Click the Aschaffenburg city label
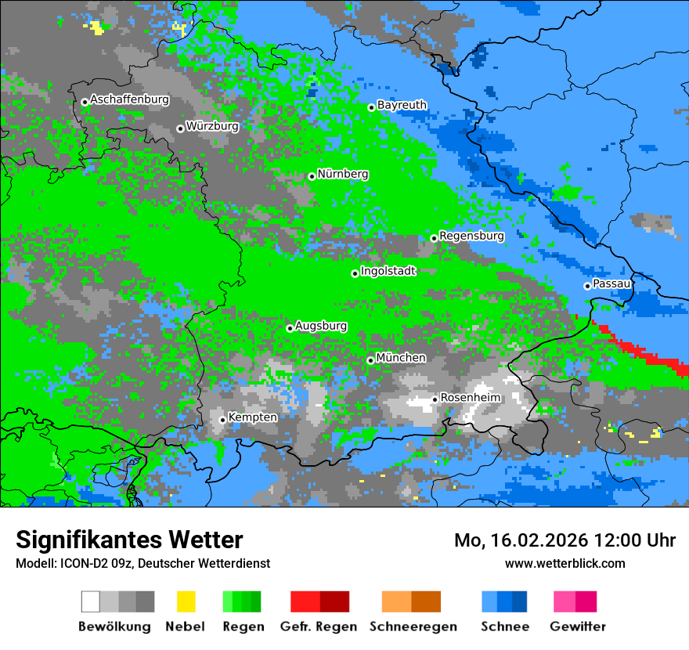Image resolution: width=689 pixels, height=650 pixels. click(129, 99)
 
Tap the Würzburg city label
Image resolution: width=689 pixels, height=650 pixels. click(212, 126)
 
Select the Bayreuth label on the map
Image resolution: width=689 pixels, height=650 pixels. click(402, 105)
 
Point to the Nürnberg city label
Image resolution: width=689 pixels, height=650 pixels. click(343, 174)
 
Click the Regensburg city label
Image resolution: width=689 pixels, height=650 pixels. click(471, 236)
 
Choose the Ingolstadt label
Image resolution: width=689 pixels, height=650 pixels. click(388, 271)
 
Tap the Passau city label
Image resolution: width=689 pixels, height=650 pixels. click(612, 283)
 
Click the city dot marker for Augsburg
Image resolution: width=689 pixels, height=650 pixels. click(290, 328)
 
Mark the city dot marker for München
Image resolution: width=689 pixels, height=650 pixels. click(370, 360)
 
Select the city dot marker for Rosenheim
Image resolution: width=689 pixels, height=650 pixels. click(435, 399)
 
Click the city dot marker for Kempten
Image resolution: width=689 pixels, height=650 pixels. click(223, 420)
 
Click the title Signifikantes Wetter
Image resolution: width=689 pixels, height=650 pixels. click(129, 540)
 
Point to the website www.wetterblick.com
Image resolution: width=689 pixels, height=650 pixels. click(565, 563)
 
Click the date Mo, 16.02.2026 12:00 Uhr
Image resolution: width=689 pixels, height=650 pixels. click(565, 540)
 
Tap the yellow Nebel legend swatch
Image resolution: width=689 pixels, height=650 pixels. click(186, 601)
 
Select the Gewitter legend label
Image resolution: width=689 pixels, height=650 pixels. click(578, 627)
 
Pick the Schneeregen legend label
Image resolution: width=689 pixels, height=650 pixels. click(413, 627)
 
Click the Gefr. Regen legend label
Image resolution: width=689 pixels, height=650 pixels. click(319, 627)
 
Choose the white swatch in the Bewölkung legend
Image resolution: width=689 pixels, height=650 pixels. click(91, 601)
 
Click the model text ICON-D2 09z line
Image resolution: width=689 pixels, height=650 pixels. click(142, 563)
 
